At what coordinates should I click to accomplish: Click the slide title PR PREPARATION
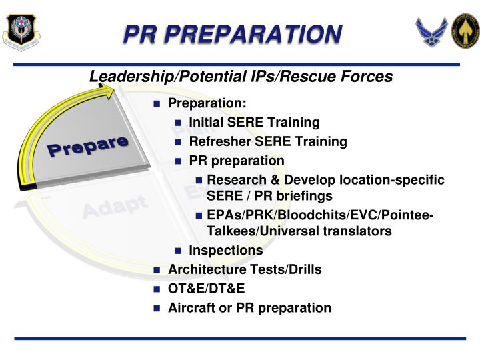tap(233, 33)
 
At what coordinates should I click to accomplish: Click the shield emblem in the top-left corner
tap(20, 31)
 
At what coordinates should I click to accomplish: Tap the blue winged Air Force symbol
tap(431, 31)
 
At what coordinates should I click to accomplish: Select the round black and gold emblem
tap(466, 31)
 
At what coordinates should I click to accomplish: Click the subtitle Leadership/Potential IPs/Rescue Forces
tap(241, 77)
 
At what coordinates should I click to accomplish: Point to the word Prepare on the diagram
tap(87, 146)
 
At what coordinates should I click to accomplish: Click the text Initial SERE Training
tap(254, 122)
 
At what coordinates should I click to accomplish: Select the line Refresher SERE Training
tap(267, 141)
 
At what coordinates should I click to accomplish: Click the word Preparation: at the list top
tap(207, 103)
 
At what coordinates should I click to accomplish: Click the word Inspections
tap(225, 250)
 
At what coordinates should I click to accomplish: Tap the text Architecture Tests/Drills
tap(244, 269)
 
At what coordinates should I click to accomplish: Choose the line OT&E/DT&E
tap(206, 289)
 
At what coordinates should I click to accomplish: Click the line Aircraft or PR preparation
tap(249, 307)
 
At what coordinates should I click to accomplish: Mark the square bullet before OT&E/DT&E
tap(157, 289)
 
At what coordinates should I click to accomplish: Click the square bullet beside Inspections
tap(178, 251)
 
